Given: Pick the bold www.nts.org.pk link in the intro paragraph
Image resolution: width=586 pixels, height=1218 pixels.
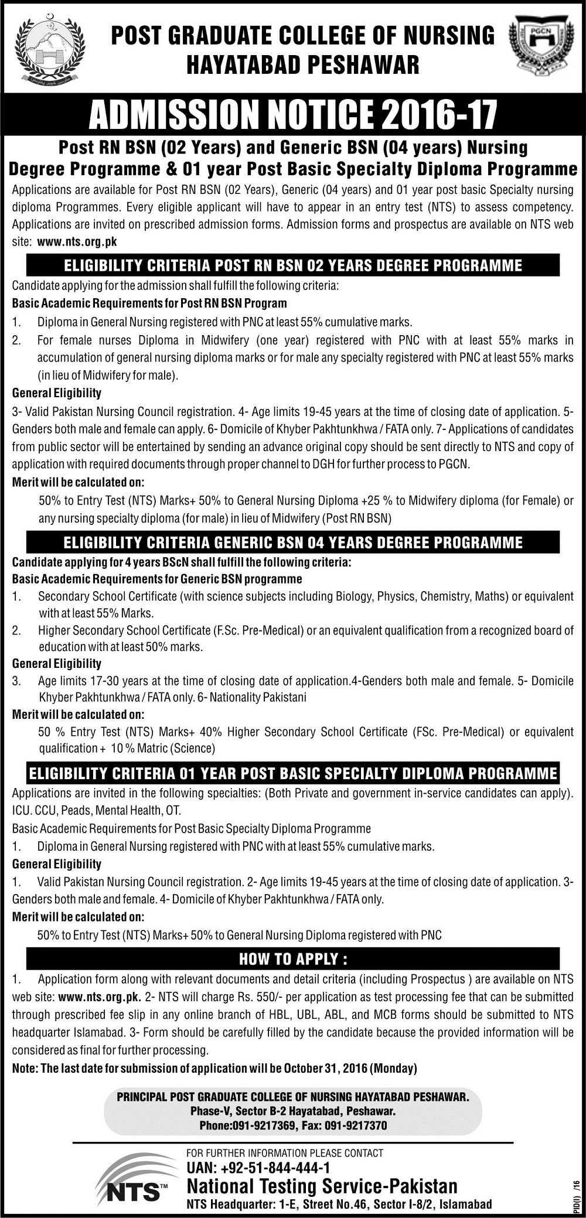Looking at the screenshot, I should pyautogui.click(x=77, y=242).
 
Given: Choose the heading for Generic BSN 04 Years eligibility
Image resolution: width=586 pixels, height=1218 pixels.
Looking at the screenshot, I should pyautogui.click(x=293, y=542).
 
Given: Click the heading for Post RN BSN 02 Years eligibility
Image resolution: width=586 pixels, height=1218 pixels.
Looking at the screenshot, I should pyautogui.click(x=293, y=265).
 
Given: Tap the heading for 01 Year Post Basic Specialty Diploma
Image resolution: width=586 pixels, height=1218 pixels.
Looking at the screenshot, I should pyautogui.click(x=293, y=773).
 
